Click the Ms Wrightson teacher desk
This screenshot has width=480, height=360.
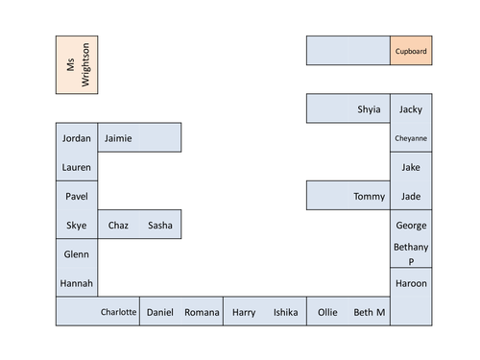[77, 64]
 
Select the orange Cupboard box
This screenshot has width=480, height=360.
[411, 51]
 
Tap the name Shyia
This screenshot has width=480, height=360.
[369, 109]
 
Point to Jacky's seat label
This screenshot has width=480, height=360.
[411, 109]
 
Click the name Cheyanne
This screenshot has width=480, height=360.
[411, 138]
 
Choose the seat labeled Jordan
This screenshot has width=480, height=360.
[77, 138]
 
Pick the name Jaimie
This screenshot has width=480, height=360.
[118, 138]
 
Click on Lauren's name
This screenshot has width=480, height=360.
[77, 167]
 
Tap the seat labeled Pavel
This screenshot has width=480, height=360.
[77, 196]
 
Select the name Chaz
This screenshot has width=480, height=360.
[118, 226]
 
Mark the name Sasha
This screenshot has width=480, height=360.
[160, 226]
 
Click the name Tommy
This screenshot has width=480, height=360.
[369, 197]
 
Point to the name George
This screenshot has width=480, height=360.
[411, 226]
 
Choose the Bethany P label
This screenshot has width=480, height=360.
[411, 253]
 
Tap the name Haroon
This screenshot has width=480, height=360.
[411, 284]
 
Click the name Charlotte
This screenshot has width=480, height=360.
[119, 312]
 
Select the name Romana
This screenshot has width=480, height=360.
[202, 312]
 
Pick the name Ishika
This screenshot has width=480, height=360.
[285, 312]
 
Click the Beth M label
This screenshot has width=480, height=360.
[370, 312]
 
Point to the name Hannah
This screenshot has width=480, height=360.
[77, 284]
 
